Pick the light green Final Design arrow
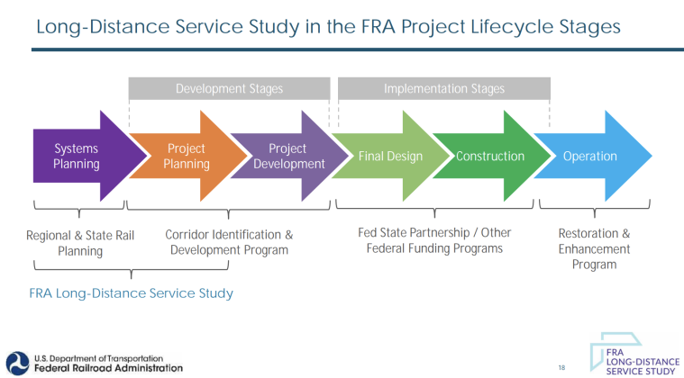point(390,157)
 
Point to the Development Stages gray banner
point(229,89)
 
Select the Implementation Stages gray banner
point(443,89)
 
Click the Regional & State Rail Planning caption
point(80,243)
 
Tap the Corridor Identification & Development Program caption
point(229,242)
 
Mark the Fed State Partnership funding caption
point(434,240)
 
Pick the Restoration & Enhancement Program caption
point(594,248)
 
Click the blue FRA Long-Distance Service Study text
point(131,293)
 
